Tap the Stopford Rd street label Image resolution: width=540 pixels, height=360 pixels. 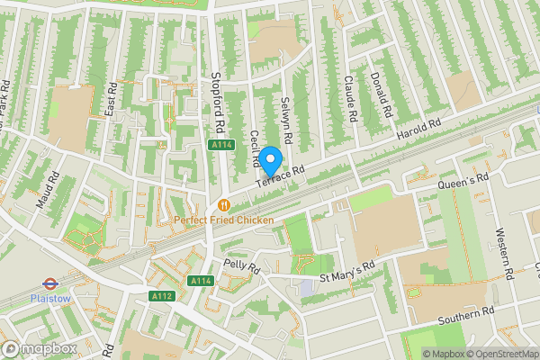click(x=216, y=102)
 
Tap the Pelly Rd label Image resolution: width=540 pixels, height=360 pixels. click(x=241, y=267)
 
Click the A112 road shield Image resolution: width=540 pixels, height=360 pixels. click(x=162, y=296)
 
